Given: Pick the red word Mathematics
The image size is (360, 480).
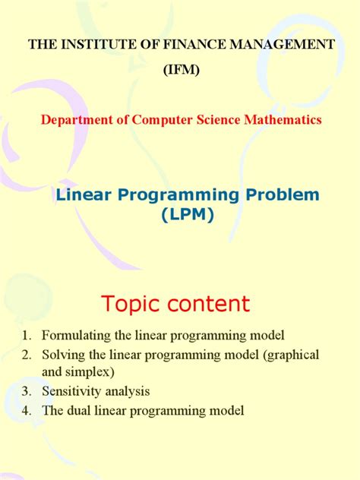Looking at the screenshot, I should tap(279, 119).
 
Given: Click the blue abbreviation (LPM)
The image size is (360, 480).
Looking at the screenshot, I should tap(188, 216).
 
